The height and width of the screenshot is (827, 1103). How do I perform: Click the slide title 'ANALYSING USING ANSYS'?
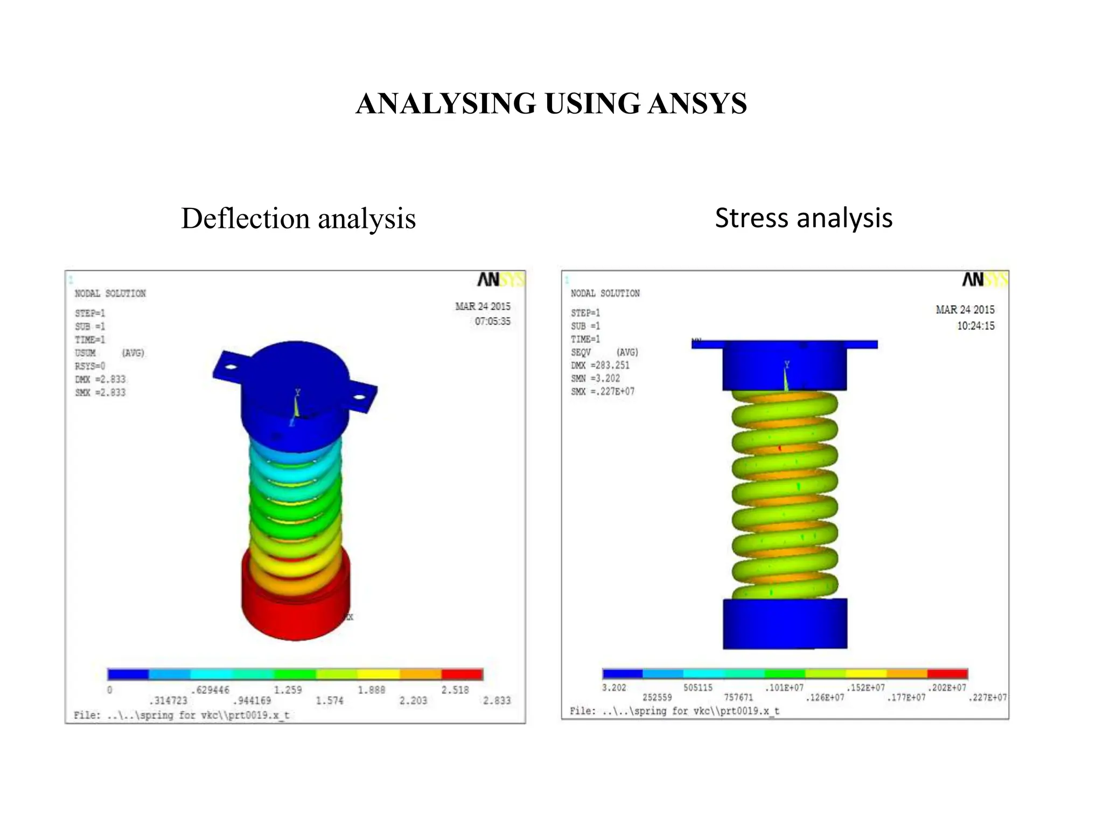coord(551,103)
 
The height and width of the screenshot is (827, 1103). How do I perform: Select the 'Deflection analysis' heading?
coord(298,219)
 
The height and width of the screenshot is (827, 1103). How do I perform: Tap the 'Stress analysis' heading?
coord(804,218)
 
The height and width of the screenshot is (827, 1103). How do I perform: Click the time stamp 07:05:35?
coord(492,321)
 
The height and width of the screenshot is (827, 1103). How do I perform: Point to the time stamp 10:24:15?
coord(975,326)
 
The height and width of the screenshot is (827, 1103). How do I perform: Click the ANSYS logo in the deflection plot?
coord(500,279)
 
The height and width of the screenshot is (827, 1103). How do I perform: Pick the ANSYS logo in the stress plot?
coord(985,279)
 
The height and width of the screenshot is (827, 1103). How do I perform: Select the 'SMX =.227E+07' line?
coord(603,391)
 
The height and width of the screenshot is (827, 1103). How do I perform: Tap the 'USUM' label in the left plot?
coord(85,353)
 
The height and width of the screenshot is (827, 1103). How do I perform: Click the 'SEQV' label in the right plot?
coord(581,352)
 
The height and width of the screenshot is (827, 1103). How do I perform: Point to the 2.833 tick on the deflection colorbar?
coord(497,700)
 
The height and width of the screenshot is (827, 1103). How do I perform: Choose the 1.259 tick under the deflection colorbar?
coord(288,690)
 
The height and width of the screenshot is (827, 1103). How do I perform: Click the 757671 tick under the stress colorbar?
coord(738,697)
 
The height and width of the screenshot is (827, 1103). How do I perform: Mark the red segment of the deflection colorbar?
coord(462,674)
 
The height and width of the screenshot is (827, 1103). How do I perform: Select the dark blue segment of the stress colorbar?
coord(623,674)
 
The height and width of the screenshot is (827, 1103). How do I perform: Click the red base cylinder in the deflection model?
coord(295,614)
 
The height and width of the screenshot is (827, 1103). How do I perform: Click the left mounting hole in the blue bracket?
coord(231,367)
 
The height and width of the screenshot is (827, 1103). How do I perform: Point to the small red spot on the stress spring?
coord(780,448)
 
